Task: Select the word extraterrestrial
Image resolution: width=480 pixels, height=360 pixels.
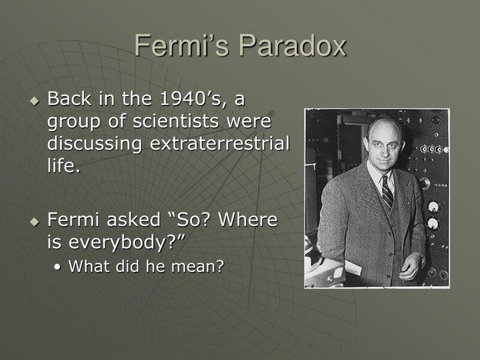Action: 226,145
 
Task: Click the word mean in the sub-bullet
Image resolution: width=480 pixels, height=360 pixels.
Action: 198,267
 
